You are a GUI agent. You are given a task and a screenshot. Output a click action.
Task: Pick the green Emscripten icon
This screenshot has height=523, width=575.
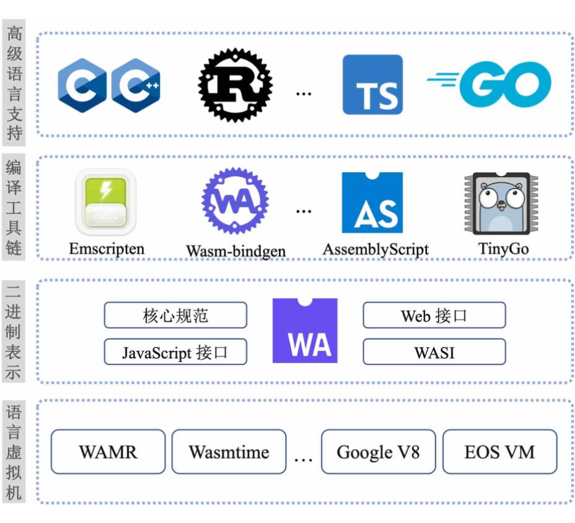click(x=105, y=201)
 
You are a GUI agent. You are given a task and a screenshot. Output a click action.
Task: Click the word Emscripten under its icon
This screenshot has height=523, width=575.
click(x=107, y=249)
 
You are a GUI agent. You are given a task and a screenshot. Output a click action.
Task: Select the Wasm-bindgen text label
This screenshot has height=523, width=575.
click(x=235, y=251)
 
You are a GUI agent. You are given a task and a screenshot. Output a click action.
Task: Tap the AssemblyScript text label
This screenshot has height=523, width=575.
click(x=375, y=249)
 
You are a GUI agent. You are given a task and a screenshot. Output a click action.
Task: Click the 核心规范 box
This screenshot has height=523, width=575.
click(x=175, y=315)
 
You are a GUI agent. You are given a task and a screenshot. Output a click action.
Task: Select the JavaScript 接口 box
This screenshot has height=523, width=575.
click(x=175, y=352)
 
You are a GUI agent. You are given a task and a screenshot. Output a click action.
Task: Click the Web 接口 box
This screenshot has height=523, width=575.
click(x=434, y=315)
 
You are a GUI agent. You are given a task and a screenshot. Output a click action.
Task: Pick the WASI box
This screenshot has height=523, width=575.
click(x=434, y=352)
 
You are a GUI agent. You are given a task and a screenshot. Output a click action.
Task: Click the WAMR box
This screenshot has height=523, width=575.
click(x=108, y=452)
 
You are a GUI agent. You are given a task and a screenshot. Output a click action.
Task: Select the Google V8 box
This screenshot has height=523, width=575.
click(x=378, y=452)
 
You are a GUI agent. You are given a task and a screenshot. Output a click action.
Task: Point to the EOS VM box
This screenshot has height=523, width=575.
click(x=499, y=452)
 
